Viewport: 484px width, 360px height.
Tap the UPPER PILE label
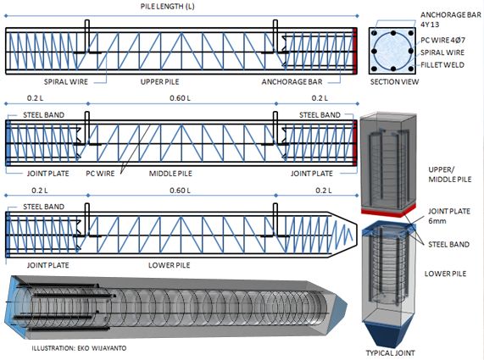[163, 84]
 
